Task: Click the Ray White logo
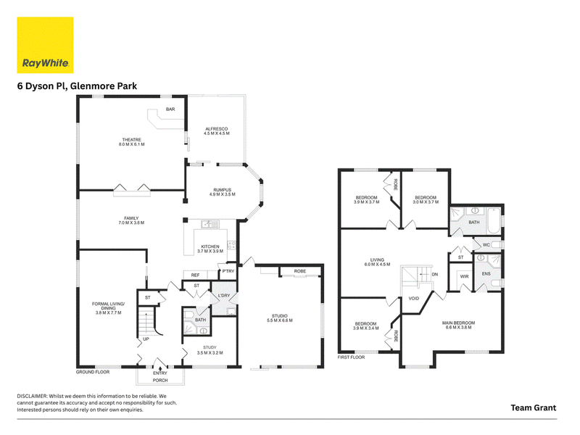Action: click(45, 45)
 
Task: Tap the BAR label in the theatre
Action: click(170, 109)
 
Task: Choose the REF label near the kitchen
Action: click(195, 275)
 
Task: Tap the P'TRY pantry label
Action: click(228, 271)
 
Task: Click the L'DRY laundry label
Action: click(224, 296)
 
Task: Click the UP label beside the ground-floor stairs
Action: click(146, 339)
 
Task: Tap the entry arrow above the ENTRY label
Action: click(160, 368)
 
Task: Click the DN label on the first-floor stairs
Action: click(434, 275)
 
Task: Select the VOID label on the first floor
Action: click(413, 299)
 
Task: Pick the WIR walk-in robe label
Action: click(464, 277)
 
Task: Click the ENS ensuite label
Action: click(486, 274)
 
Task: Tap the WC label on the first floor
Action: click(486, 245)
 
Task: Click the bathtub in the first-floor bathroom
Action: click(494, 221)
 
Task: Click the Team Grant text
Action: click(534, 407)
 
